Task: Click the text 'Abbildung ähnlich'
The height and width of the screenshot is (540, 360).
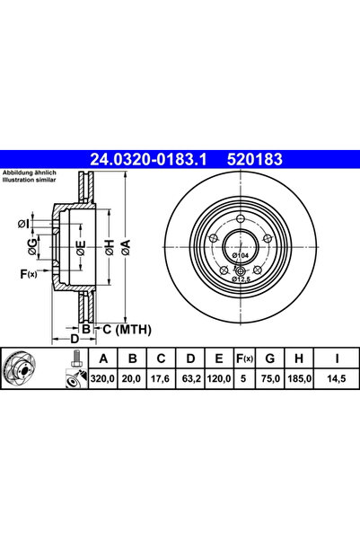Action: [29, 173]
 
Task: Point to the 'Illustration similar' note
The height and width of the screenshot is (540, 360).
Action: [29, 180]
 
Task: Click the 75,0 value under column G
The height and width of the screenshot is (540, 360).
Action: [269, 380]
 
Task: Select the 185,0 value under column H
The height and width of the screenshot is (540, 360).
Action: [298, 380]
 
